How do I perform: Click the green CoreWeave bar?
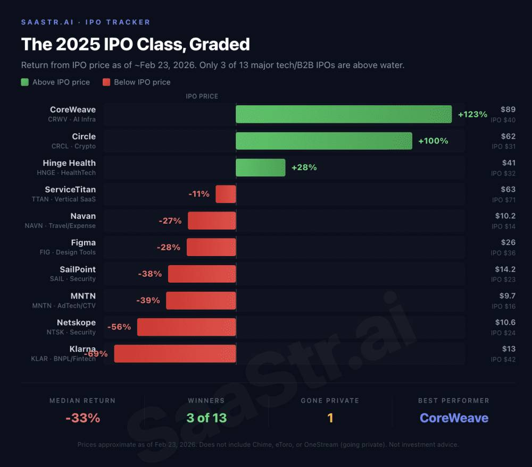344,114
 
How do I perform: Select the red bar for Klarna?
175,353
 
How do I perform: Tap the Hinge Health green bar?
261,167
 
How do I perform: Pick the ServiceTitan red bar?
226,194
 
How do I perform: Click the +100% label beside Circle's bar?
433,141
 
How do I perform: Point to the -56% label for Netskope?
119,327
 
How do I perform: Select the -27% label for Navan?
170,220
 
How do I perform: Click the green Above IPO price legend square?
25,82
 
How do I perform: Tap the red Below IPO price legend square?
106,82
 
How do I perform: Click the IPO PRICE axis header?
202,97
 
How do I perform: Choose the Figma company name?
83,243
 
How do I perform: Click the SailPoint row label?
78,269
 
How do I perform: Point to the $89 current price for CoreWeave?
508,109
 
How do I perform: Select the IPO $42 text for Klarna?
503,359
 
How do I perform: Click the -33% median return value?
82,418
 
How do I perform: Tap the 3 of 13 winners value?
206,418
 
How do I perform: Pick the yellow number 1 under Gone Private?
330,418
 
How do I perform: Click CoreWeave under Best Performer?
454,418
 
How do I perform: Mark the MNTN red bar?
201,300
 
